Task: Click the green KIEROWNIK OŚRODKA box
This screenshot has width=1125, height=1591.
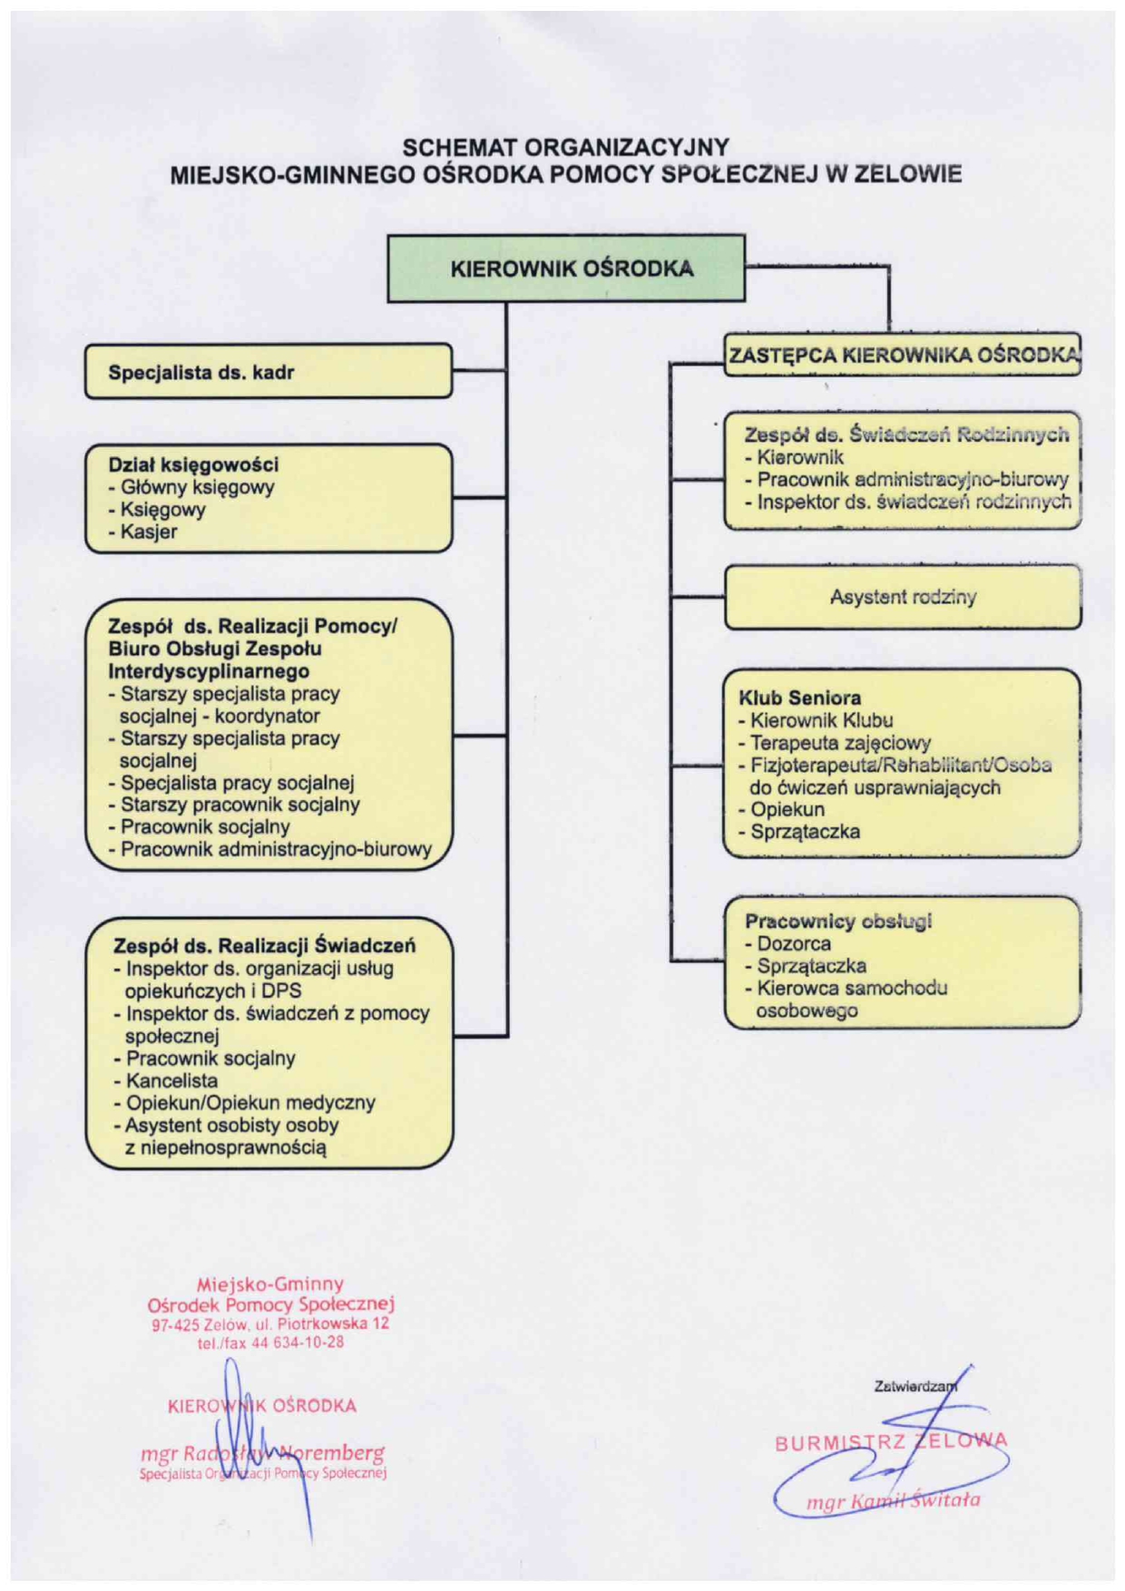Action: pyautogui.click(x=566, y=268)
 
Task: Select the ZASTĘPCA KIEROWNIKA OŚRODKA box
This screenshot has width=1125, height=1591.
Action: pyautogui.click(x=903, y=355)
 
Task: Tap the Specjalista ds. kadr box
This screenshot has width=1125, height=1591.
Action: pyautogui.click(x=269, y=371)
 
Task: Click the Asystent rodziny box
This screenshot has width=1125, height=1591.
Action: pyautogui.click(x=903, y=597)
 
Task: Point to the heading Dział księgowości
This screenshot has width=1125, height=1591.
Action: pyautogui.click(x=193, y=464)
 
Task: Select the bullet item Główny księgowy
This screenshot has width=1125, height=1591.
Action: pyautogui.click(x=191, y=487)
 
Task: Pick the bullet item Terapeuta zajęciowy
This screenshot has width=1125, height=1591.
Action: pyautogui.click(x=835, y=743)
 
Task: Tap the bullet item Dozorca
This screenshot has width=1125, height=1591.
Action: pyautogui.click(x=787, y=943)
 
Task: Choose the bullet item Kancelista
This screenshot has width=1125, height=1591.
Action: pyautogui.click(x=166, y=1080)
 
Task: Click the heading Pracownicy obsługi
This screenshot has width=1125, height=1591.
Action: pyautogui.click(x=838, y=922)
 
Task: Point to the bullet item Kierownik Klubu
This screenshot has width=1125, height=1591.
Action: pyautogui.click(x=816, y=721)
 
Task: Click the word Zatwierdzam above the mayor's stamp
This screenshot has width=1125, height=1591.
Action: pyautogui.click(x=915, y=1386)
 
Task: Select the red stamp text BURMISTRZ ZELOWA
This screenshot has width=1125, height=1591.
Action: pyautogui.click(x=891, y=1441)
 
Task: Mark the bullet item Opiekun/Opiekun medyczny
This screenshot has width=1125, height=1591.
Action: pyautogui.click(x=245, y=1103)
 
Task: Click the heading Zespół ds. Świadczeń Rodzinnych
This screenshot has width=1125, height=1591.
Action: pyautogui.click(x=907, y=434)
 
